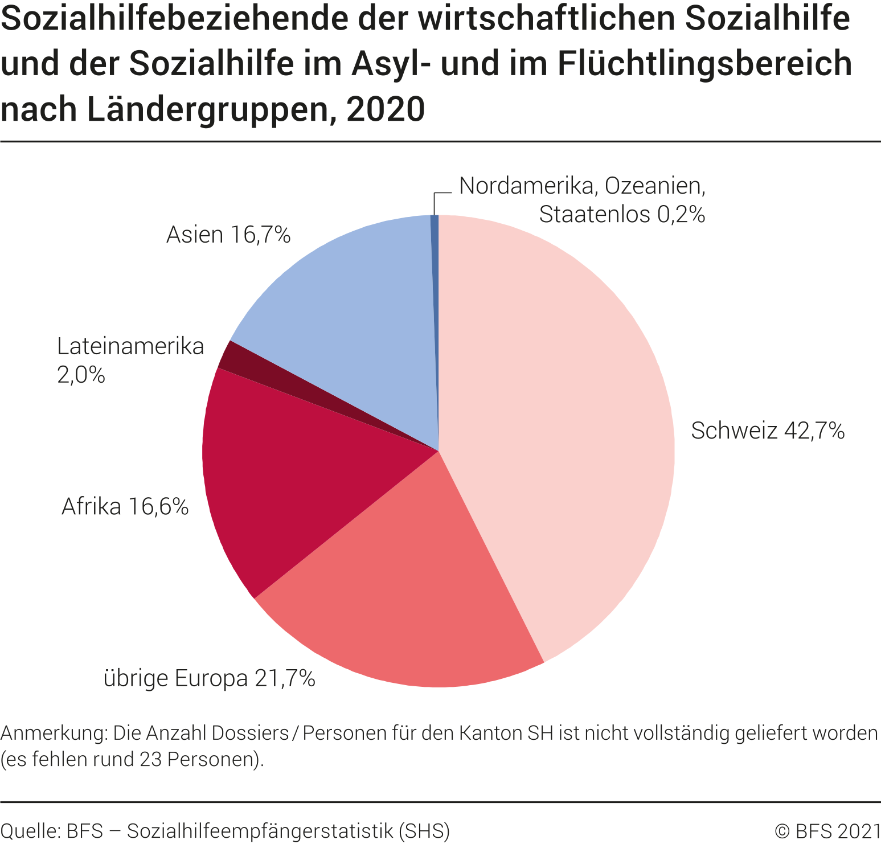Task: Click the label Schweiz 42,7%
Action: tap(767, 431)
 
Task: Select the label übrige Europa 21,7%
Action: tap(209, 678)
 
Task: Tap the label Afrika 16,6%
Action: tap(125, 506)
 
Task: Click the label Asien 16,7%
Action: tap(228, 235)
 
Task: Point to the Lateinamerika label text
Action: tap(130, 346)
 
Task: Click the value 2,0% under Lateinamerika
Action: tap(81, 375)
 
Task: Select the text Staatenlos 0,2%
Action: tap(622, 214)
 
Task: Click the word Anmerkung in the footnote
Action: tap(54, 733)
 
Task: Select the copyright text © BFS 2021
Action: tap(827, 831)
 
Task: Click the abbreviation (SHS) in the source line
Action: tap(424, 831)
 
